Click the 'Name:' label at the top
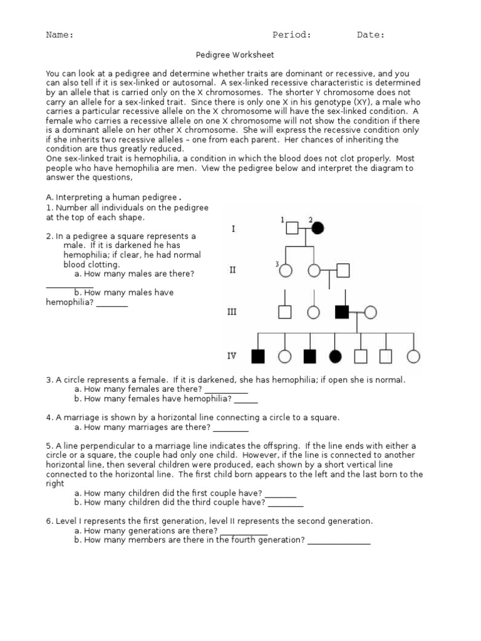59,35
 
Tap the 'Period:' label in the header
291,35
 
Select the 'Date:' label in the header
371,35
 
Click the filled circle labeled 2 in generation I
318,228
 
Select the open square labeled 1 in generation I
292,228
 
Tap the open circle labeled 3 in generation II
286,270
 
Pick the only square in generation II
343,270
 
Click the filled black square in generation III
342,311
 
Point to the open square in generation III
285,311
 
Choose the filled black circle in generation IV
336,356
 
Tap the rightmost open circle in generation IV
413,356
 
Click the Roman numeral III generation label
232,312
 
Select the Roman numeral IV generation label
232,356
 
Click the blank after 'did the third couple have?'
286,503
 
